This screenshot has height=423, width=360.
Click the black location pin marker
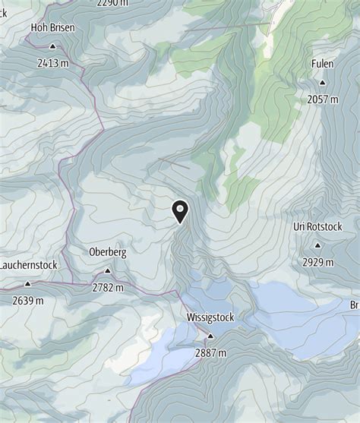pyautogui.click(x=181, y=210)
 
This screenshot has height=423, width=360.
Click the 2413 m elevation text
pyautogui.click(x=52, y=63)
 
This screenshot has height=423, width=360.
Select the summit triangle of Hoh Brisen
pyautogui.click(x=52, y=46)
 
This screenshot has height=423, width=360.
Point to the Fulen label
pyautogui.click(x=322, y=65)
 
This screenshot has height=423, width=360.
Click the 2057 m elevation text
pyautogui.click(x=323, y=99)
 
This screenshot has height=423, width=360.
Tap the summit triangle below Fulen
pyautogui.click(x=323, y=82)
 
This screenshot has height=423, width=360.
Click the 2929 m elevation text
pyautogui.click(x=317, y=262)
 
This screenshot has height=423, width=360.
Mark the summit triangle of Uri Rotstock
pyautogui.click(x=317, y=245)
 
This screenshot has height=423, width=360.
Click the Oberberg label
pyautogui.click(x=107, y=252)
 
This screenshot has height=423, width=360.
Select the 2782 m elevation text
pyautogui.click(x=107, y=287)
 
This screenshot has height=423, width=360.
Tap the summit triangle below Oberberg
pyautogui.click(x=107, y=270)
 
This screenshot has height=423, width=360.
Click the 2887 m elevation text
pyautogui.click(x=211, y=352)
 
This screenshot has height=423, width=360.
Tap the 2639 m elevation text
pyautogui.click(x=27, y=301)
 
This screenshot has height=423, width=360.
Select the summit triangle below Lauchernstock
pyautogui.click(x=27, y=283)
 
